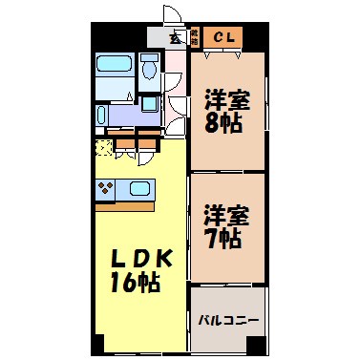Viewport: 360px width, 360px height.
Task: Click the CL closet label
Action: click(227, 37)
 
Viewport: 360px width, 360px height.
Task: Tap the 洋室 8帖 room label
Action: click(226, 110)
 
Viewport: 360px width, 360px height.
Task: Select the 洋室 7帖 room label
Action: click(225, 225)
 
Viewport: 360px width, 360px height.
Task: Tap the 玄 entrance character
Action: click(176, 38)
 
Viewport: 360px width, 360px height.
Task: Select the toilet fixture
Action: click(149, 69)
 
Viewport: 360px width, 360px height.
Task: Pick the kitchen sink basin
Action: click(139, 189)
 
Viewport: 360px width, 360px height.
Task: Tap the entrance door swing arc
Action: click(171, 16)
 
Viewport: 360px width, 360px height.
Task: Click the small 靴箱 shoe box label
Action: click(194, 37)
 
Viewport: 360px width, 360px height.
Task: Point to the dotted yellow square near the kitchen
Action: click(103, 148)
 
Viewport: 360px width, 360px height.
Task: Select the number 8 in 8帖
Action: click(214, 122)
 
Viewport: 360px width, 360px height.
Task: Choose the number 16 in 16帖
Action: click(123, 284)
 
